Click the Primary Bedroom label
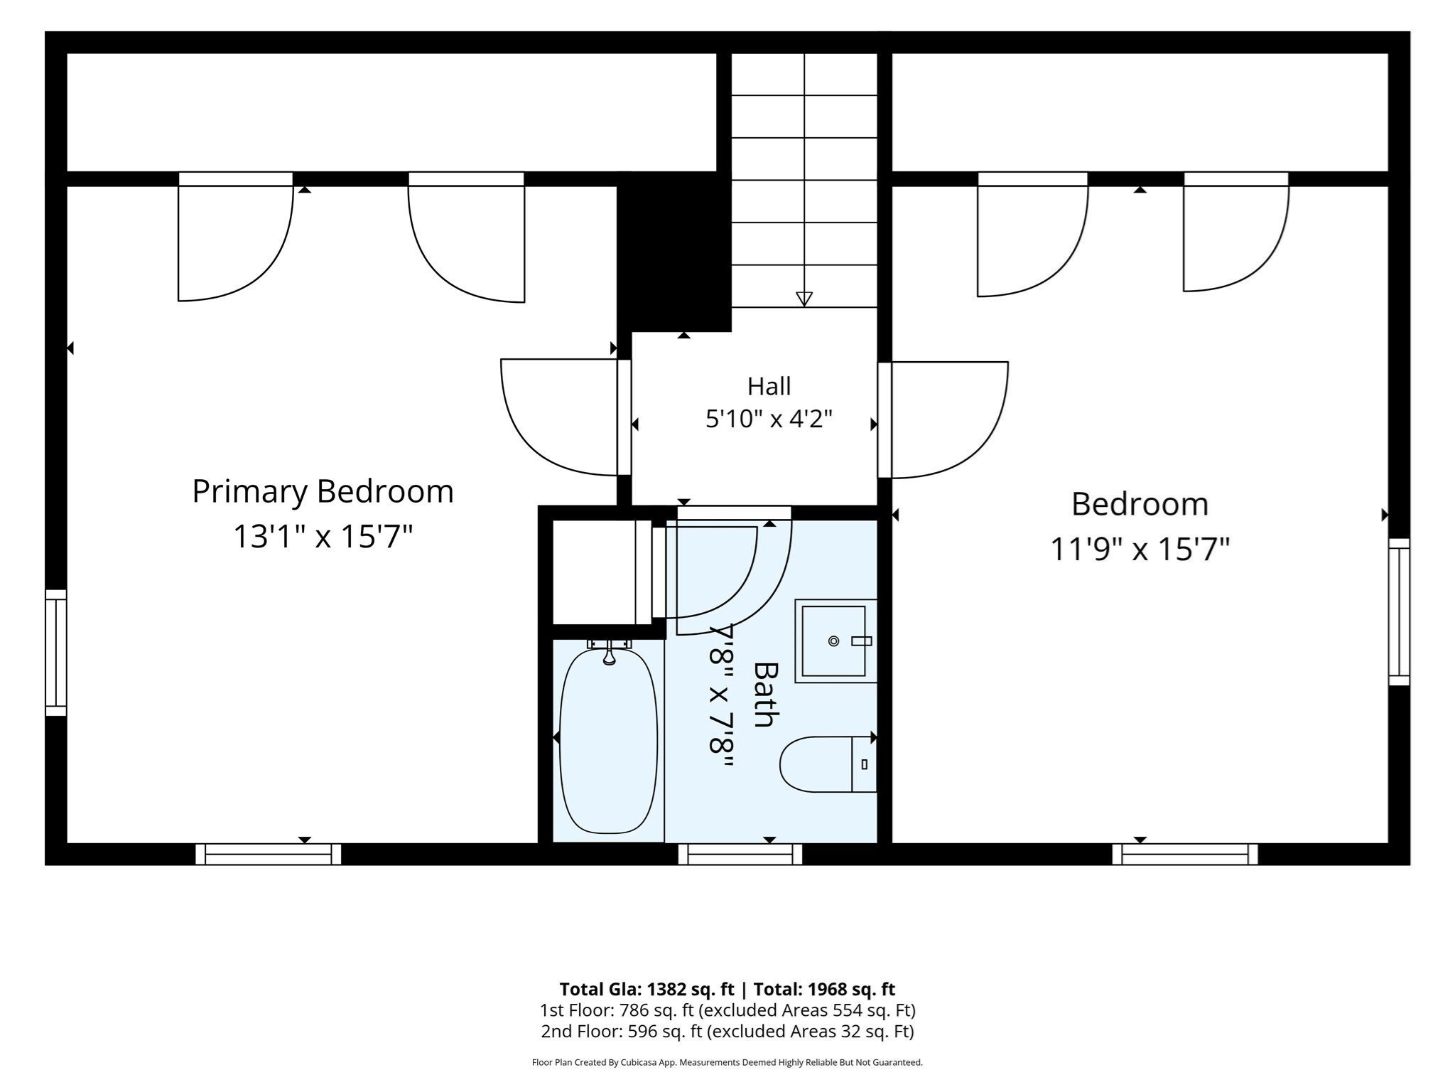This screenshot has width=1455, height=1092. [323, 491]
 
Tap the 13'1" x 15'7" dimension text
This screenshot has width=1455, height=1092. [323, 537]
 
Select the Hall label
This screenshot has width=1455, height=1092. [769, 386]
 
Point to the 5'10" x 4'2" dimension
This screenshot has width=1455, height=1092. [769, 419]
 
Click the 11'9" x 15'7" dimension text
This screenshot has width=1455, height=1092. [1140, 549]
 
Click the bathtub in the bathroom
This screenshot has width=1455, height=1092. [608, 740]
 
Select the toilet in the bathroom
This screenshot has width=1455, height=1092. [828, 764]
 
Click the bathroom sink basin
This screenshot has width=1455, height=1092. [834, 641]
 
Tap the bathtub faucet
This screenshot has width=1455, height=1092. [609, 652]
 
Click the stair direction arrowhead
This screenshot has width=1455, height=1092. [804, 299]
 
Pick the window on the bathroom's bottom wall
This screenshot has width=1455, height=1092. [740, 854]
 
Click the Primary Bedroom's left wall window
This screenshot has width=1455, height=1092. [56, 653]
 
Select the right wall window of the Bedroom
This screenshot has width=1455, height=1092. [1399, 611]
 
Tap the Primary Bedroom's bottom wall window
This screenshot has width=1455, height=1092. [269, 854]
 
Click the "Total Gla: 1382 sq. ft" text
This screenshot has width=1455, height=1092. [647, 989]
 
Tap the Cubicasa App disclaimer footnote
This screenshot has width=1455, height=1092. [727, 1063]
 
